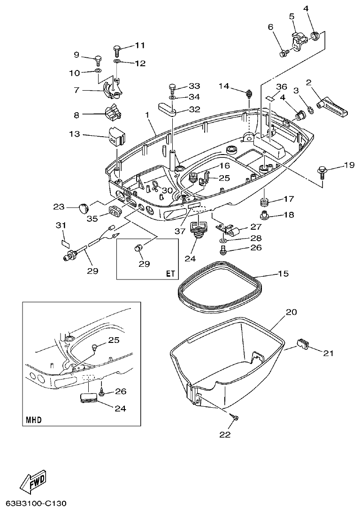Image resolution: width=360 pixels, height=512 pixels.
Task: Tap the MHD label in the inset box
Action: point(34,419)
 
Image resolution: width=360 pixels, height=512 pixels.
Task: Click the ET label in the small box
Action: point(169,272)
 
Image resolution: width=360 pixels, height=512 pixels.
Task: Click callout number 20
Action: point(291,311)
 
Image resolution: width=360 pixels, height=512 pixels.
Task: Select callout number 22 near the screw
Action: point(225,434)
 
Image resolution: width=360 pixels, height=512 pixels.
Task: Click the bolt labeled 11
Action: point(118,48)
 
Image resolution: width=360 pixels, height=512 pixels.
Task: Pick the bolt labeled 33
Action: point(172,87)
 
